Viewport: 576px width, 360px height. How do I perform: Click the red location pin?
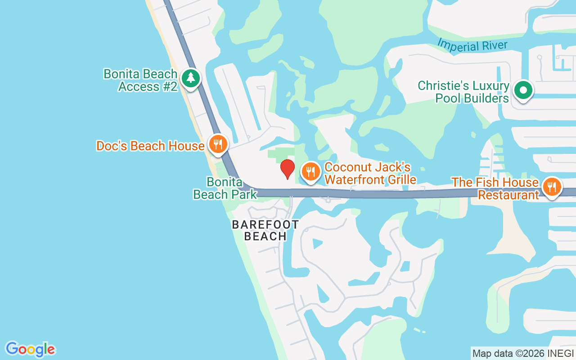[x=288, y=169]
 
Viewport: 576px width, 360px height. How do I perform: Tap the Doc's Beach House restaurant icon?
[x=218, y=144]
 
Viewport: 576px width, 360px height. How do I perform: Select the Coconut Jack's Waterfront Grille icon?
[x=310, y=171]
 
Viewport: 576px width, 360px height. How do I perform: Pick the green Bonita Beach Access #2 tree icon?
[x=191, y=78]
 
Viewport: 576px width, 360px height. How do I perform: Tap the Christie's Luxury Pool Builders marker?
[x=523, y=90]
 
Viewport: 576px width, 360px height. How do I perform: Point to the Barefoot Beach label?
[x=265, y=230]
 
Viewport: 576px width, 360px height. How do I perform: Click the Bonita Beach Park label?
[x=225, y=188]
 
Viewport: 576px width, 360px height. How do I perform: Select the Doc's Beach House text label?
[x=150, y=146]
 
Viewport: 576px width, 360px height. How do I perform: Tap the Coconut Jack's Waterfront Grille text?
[x=369, y=173]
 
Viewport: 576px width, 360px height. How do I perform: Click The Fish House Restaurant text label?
[x=495, y=189]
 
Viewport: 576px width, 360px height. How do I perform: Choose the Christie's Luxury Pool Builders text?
[x=463, y=92]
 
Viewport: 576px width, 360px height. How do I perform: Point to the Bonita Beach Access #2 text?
[x=140, y=80]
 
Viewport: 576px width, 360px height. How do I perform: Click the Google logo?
[x=30, y=349]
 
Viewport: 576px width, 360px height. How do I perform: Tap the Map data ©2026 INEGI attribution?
[x=523, y=353]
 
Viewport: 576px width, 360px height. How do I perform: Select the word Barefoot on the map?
[x=265, y=225]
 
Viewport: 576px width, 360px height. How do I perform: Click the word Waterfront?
[x=353, y=180]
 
